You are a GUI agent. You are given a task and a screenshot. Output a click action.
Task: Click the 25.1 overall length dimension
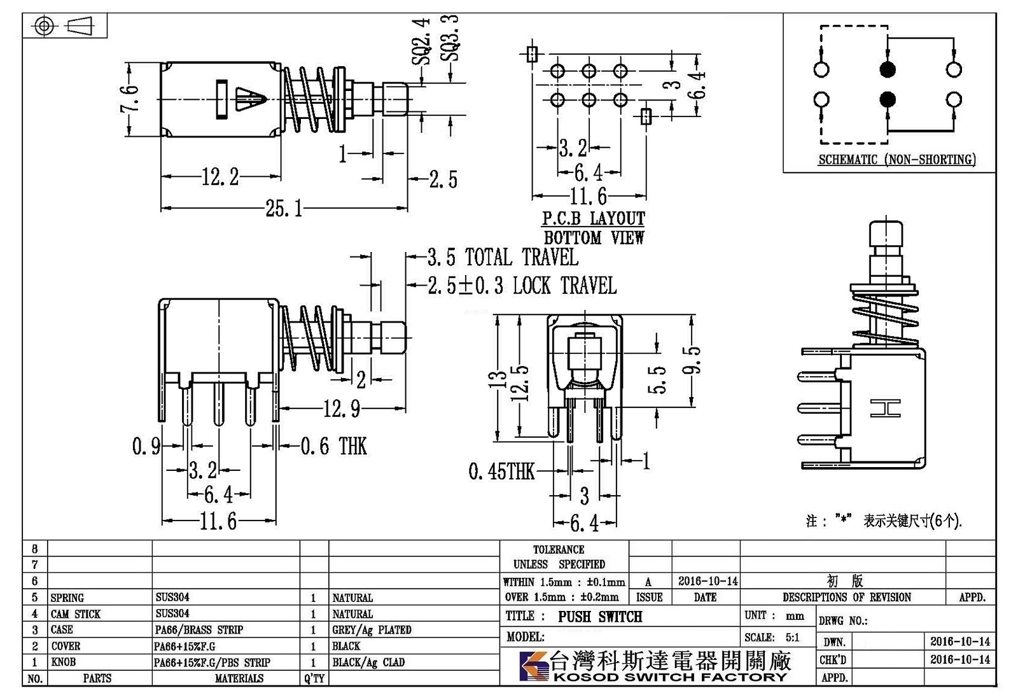[x=284, y=209]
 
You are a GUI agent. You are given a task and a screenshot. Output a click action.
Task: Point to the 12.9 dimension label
[x=342, y=409]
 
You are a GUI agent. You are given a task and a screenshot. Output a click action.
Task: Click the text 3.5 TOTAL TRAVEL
[x=503, y=257]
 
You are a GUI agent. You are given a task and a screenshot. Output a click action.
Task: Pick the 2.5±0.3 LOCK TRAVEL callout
[x=522, y=286]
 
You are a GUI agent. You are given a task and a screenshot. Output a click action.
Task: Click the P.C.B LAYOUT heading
[x=594, y=219]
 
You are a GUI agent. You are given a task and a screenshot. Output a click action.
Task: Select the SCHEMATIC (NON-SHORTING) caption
[x=897, y=160]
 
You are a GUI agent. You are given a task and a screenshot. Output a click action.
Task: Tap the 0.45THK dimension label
[x=502, y=472]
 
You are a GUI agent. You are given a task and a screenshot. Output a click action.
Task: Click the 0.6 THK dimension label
[x=334, y=446]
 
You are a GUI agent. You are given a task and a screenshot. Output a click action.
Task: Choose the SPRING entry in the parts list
[x=67, y=598]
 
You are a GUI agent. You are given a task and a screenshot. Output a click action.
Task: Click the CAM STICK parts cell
[x=76, y=614]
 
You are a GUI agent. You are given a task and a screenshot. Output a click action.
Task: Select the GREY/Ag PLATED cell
[x=372, y=630]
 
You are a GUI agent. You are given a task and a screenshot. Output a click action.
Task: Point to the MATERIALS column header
[x=239, y=678]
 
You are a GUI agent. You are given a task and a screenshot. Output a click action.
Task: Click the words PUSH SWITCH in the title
[x=600, y=617]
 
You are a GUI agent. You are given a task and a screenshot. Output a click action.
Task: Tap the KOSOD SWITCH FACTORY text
[x=670, y=677]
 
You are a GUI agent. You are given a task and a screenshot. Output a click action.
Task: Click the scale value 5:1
[x=792, y=637]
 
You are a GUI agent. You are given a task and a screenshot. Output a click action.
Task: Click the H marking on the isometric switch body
[x=885, y=408]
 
